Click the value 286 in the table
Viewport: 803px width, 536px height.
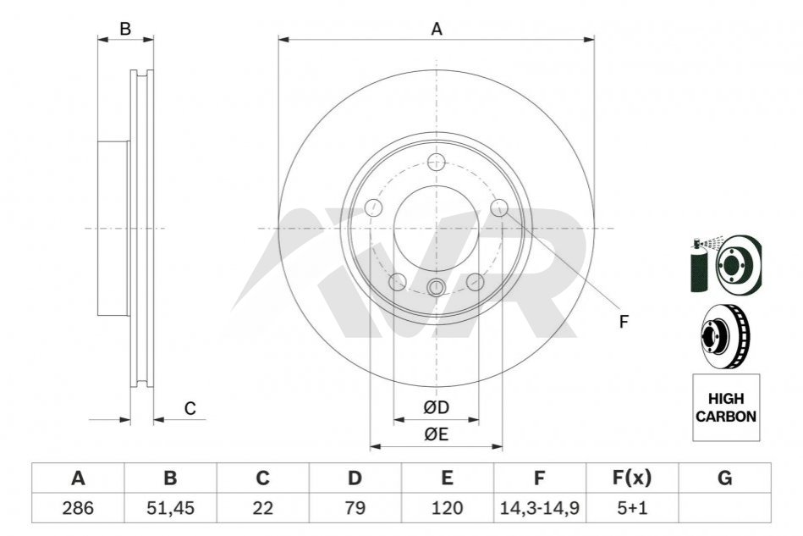(x=78, y=508)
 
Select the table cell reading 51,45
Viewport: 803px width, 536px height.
(x=170, y=508)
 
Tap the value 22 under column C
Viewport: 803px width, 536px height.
(x=262, y=508)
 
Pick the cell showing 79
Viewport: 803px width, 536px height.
(x=355, y=508)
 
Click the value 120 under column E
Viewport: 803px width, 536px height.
(x=447, y=508)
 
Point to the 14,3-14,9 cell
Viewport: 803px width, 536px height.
(x=539, y=508)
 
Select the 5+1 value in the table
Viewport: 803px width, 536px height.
(x=632, y=508)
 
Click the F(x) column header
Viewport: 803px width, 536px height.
(x=632, y=478)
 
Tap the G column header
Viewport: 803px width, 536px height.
(x=724, y=478)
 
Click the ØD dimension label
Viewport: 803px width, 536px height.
(x=437, y=407)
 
